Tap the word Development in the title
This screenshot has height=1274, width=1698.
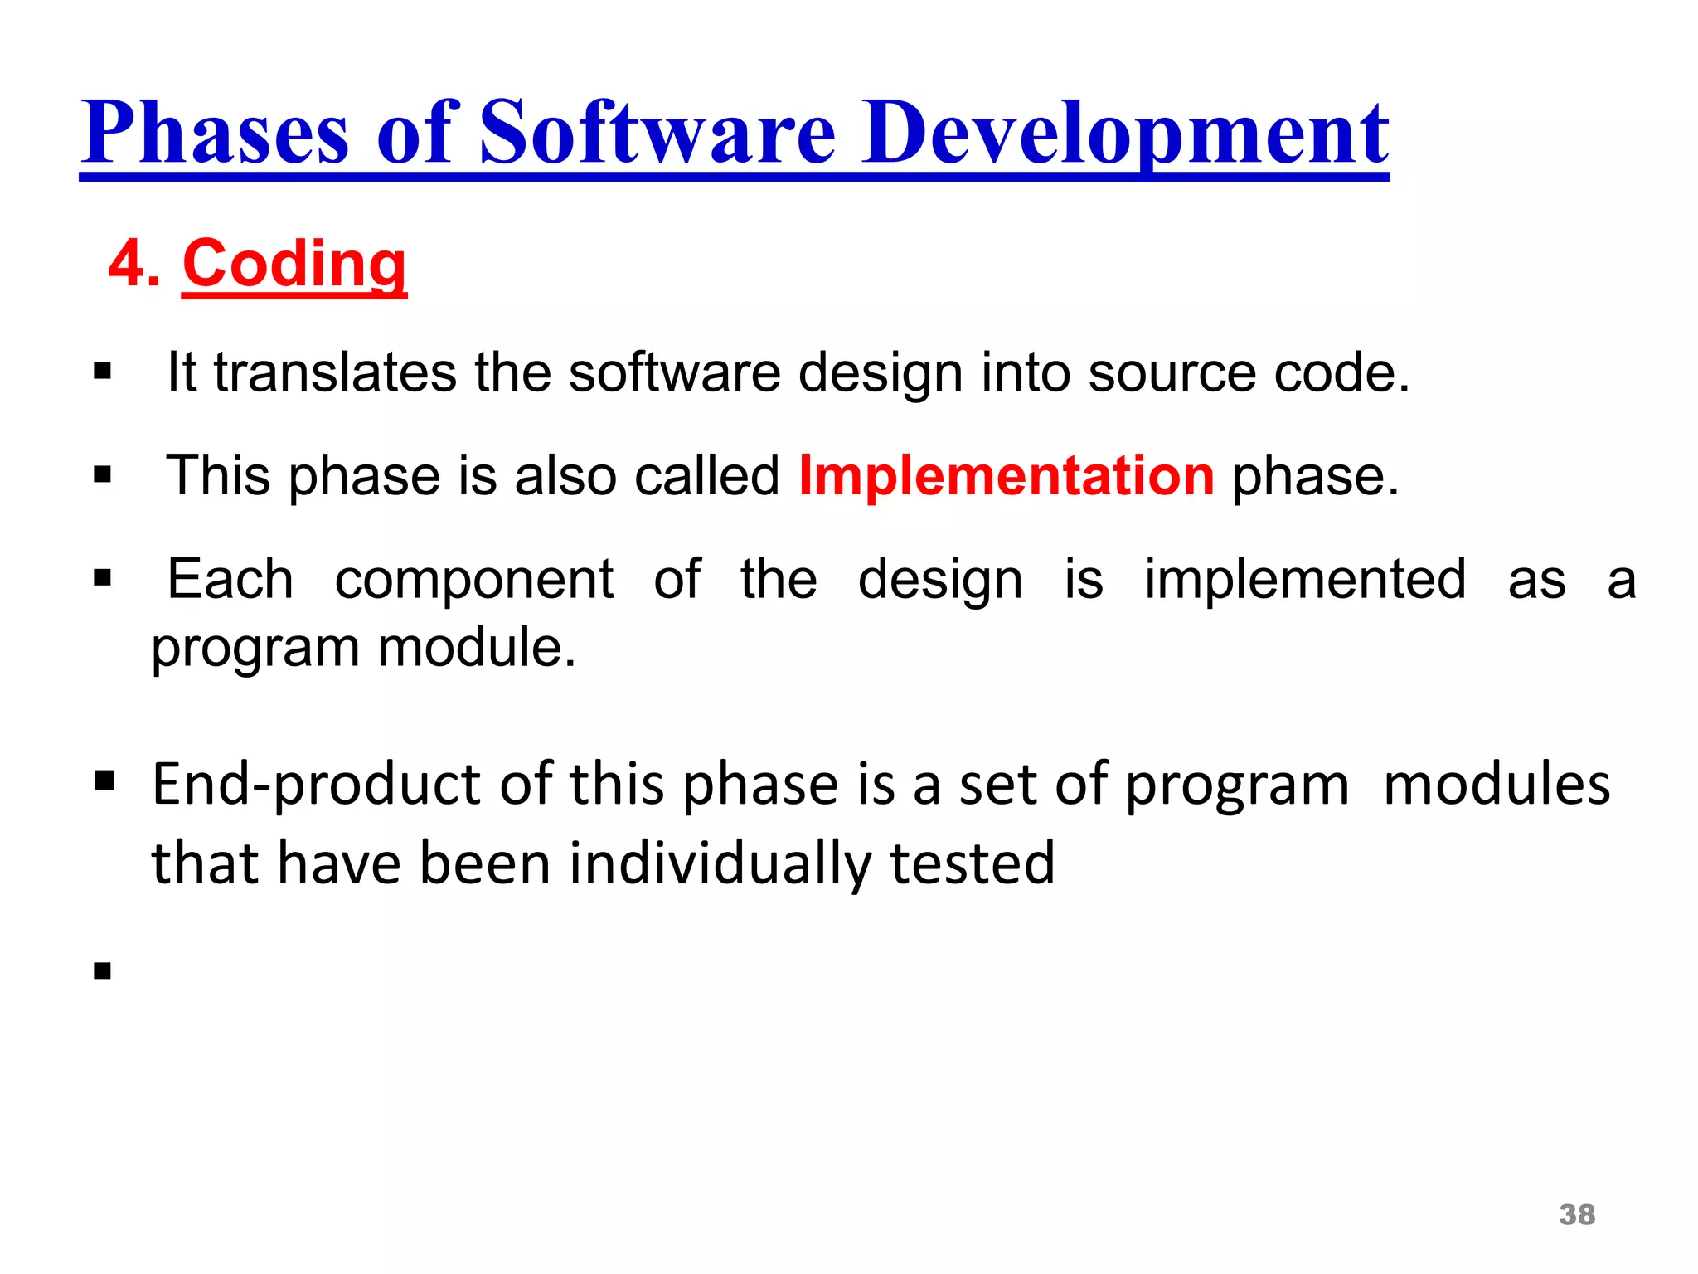(x=1125, y=133)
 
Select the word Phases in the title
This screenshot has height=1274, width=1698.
(x=215, y=133)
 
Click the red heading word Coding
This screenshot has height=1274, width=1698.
(x=294, y=264)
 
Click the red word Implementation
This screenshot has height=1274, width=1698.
(x=1007, y=476)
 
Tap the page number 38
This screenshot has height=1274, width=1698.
(x=1577, y=1215)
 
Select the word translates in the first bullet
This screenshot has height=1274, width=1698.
(x=335, y=372)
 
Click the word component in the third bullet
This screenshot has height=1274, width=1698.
(x=474, y=579)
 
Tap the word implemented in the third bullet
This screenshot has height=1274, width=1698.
(x=1305, y=579)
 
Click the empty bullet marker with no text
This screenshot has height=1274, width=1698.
(x=103, y=970)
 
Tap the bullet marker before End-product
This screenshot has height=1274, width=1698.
(x=104, y=780)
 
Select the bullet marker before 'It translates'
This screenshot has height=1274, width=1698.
(x=103, y=371)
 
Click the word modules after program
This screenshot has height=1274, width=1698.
(x=1497, y=785)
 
